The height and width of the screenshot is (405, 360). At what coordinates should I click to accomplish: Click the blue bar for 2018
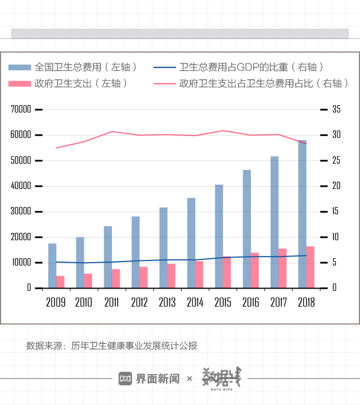(x=303, y=214)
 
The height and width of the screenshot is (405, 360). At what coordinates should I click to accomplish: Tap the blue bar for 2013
(x=163, y=247)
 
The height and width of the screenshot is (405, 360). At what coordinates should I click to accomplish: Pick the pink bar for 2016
(x=255, y=270)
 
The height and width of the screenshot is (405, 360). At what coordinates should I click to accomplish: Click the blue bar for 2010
(x=80, y=262)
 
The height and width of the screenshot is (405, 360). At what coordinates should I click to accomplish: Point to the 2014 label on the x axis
(x=195, y=302)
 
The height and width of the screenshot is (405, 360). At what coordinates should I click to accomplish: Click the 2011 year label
(x=111, y=302)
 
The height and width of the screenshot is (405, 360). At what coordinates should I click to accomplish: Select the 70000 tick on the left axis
(x=21, y=110)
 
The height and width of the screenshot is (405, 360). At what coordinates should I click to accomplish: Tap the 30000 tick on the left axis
(x=21, y=211)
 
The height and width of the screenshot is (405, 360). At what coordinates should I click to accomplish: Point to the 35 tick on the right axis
(x=336, y=110)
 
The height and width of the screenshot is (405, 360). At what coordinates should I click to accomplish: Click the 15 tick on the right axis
(x=336, y=211)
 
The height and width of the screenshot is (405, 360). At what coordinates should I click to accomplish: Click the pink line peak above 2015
(x=223, y=130)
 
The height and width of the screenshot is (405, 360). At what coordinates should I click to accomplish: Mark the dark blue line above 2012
(x=139, y=261)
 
